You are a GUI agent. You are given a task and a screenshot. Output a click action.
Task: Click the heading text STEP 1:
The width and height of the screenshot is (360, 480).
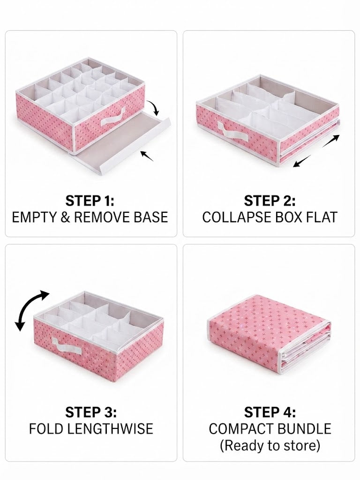[90, 201]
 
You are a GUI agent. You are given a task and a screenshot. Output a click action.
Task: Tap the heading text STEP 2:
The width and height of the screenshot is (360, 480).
[270, 201]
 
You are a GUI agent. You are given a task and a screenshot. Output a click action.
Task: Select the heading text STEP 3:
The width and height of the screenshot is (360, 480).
[91, 412]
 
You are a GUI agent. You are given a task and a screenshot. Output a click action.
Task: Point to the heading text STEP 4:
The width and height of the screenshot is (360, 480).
[270, 412]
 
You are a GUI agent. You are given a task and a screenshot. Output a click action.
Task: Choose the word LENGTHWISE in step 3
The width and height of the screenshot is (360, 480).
[110, 428]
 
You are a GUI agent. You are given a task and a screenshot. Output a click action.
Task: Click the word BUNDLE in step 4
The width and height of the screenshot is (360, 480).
[306, 428]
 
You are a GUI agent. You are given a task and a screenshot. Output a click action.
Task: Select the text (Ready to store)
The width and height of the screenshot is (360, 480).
[270, 445]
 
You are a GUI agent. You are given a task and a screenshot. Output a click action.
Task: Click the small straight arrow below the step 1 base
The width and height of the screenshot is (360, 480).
[147, 156]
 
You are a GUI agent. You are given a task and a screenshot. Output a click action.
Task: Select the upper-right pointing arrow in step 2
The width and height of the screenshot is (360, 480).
[330, 141]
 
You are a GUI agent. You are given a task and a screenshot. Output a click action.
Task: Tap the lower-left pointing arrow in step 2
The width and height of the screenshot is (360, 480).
[302, 161]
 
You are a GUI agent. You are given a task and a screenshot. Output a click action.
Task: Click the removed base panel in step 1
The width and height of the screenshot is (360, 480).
[122, 139]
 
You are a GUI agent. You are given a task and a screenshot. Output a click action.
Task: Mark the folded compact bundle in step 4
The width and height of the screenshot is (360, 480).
[269, 335]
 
